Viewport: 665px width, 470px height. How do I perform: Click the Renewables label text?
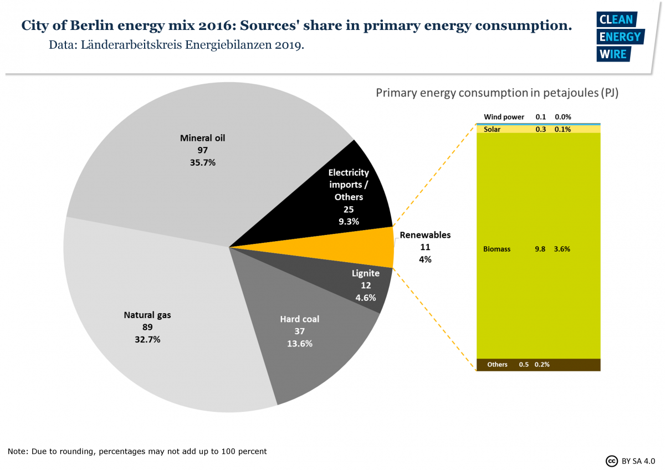point(425,235)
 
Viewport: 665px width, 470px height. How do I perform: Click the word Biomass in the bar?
point(497,249)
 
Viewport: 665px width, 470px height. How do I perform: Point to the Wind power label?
point(504,117)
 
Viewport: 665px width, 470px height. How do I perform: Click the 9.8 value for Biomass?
point(540,249)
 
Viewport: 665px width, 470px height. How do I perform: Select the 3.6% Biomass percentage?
point(562,249)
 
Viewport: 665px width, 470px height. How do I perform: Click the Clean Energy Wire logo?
point(619,37)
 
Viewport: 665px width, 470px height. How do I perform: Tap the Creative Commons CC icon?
point(612,461)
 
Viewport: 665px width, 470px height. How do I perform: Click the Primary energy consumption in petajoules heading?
point(497,93)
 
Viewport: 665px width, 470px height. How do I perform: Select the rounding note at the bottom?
point(137,451)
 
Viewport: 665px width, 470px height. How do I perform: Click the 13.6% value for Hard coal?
point(299,343)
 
